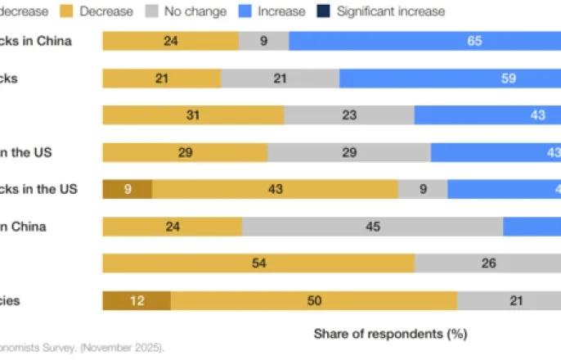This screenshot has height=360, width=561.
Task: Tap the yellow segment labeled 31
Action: pos(193,115)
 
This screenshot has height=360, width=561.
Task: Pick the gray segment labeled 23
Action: pos(349,115)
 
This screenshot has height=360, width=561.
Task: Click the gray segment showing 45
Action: pos(372,227)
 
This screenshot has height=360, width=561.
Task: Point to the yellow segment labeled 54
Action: pos(258,263)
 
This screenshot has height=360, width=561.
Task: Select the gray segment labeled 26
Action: pos(487,263)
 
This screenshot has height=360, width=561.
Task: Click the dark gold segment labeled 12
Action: pos(137,300)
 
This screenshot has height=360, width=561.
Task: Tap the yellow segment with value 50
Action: pos(314,300)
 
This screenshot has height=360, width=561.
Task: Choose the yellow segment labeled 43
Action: pos(275,189)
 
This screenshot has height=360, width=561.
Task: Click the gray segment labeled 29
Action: pos(349,152)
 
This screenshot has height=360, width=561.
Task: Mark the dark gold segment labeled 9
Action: pos(127,189)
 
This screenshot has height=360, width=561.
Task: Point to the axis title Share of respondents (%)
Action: pos(390,334)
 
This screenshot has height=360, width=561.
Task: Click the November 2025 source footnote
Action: pos(82,348)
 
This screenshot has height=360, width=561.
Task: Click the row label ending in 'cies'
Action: pos(10,300)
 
